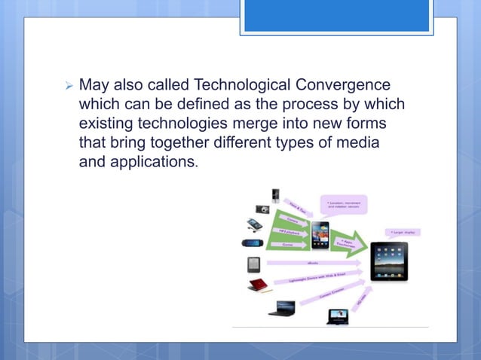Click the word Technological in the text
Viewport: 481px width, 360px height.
coord(225,85)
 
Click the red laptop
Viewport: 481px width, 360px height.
coord(257,285)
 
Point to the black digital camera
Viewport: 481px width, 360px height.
coord(262,209)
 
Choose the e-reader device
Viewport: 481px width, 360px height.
coord(253,265)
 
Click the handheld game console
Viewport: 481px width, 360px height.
coord(253,243)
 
